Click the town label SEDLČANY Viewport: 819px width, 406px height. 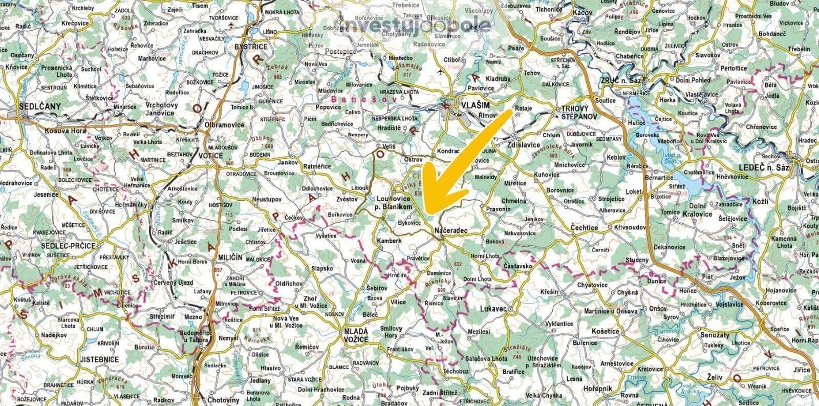tap(39, 106)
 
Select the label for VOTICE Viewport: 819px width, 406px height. tap(211, 156)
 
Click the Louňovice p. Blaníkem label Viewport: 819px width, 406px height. tap(394, 202)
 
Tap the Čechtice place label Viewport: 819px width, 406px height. tap(584, 228)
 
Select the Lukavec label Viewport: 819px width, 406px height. tap(493, 309)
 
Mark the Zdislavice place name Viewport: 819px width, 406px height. tap(524, 145)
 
